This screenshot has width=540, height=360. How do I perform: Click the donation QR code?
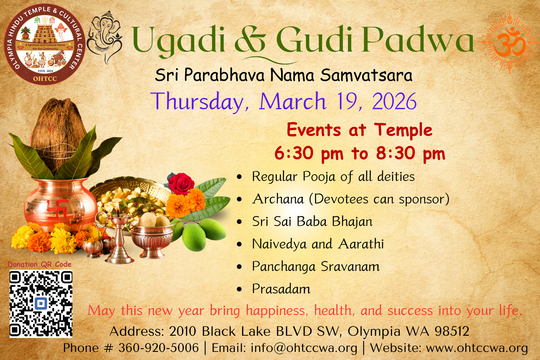click(x=41, y=304)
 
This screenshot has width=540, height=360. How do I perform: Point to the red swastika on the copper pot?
click(x=57, y=208)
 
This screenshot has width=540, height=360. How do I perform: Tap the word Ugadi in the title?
click(x=178, y=40)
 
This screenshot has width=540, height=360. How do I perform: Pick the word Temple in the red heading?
click(x=403, y=130)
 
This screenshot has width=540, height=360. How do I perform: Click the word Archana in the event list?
click(x=278, y=199)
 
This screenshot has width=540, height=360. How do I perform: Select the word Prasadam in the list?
click(x=281, y=289)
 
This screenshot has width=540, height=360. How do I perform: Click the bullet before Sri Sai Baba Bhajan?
click(x=239, y=222)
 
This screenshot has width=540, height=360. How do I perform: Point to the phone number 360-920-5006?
click(x=158, y=348)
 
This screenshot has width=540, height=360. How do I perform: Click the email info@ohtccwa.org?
click(x=304, y=348)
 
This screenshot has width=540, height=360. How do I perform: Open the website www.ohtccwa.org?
click(x=477, y=348)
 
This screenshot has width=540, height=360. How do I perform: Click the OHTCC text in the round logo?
click(x=45, y=79)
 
